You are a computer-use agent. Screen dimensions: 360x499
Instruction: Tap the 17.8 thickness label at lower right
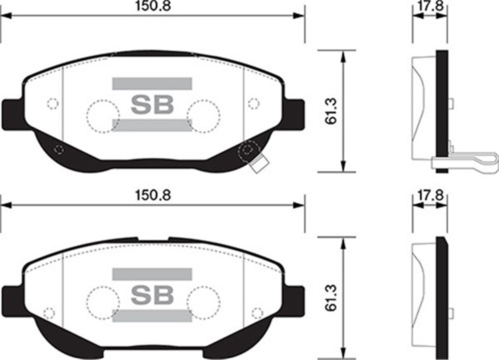click(x=430, y=195)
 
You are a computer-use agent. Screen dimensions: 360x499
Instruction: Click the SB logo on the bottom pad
click(x=152, y=294)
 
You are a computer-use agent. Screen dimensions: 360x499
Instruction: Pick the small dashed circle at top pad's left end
click(x=52, y=103)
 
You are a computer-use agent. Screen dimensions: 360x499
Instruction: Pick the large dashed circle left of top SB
click(x=103, y=116)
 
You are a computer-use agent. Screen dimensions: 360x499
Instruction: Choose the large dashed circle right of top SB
click(x=203, y=116)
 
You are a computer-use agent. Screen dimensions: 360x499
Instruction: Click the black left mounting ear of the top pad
click(x=12, y=114)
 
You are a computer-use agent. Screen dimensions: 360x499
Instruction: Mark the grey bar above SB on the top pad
click(x=152, y=84)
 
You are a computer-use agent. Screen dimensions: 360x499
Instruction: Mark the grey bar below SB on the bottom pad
click(x=152, y=316)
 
